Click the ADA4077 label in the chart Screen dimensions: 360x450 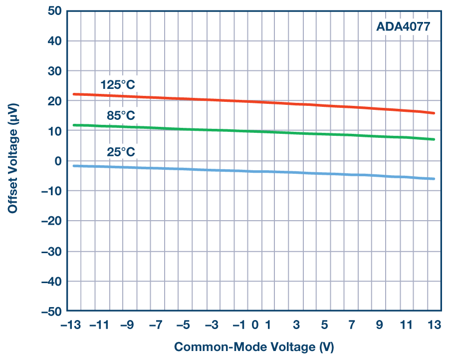[402, 26]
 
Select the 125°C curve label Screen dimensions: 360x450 [118, 84]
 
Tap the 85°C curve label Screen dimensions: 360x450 [121, 116]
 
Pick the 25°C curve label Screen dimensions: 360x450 [121, 152]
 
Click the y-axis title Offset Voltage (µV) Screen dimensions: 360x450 [13, 161]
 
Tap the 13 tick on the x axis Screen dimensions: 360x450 [435, 325]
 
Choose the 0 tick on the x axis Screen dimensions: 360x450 [254, 325]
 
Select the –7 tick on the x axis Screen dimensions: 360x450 [156, 325]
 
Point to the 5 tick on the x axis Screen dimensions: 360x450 [324, 325]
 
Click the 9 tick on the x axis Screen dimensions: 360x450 [379, 325]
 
